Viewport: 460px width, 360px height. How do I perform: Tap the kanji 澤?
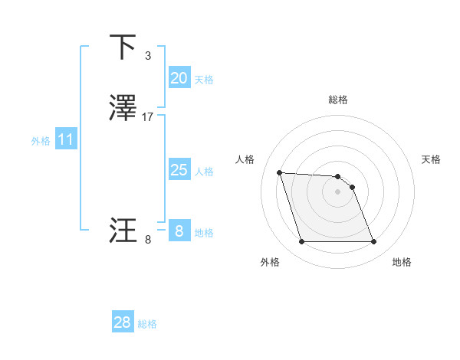[x=123, y=109]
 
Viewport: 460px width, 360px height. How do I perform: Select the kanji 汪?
[x=123, y=231]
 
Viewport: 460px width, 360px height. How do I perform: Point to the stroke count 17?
[x=148, y=117]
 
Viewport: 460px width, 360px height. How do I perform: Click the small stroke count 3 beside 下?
[x=147, y=55]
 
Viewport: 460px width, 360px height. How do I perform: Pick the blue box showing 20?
[x=179, y=77]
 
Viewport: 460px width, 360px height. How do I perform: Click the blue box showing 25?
[x=179, y=169]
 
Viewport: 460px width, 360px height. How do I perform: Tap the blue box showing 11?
[x=65, y=139]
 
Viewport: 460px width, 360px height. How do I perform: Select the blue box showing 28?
[x=122, y=322]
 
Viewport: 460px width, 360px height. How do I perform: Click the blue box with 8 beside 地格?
[x=179, y=231]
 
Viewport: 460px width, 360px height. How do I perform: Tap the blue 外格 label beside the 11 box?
[x=41, y=141]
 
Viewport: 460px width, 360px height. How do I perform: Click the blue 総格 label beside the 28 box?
[x=147, y=324]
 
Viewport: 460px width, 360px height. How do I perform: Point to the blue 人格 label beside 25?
[x=205, y=172]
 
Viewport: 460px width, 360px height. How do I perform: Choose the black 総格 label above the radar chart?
[x=337, y=100]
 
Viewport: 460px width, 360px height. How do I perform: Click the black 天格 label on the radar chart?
[x=431, y=159]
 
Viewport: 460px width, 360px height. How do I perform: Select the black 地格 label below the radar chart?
[x=402, y=263]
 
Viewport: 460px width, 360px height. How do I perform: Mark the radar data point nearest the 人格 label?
[x=280, y=172]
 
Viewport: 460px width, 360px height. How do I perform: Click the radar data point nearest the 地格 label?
[x=373, y=242]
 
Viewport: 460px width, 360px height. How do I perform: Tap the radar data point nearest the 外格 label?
[x=301, y=242]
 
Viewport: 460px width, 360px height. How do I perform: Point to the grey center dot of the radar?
[x=337, y=191]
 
